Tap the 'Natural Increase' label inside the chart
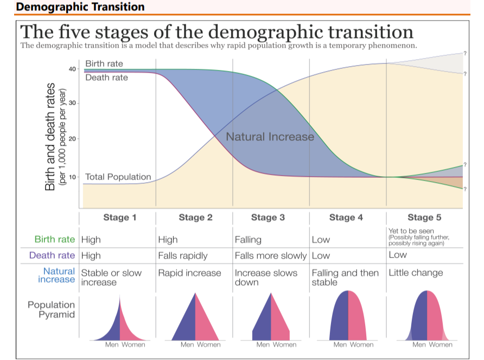270,137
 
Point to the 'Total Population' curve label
118,177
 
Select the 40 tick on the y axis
72,69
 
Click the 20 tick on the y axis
72,139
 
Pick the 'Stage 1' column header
116,218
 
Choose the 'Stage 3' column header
268,218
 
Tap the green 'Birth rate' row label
55,240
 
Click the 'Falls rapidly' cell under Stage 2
183,256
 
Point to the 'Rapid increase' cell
189,273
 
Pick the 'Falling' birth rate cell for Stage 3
248,240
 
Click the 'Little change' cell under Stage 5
416,273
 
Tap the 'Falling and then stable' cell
345,277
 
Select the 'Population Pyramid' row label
51,310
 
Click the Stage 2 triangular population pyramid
195,317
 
